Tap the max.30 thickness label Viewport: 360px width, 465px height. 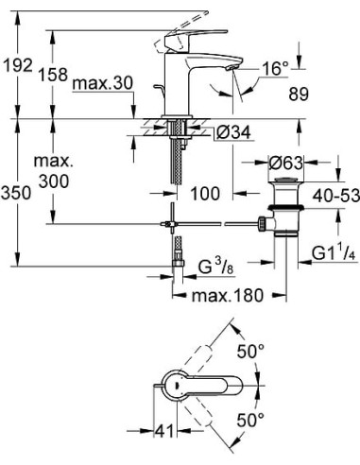tap(97, 84)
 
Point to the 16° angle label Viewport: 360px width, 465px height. tap(274, 68)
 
